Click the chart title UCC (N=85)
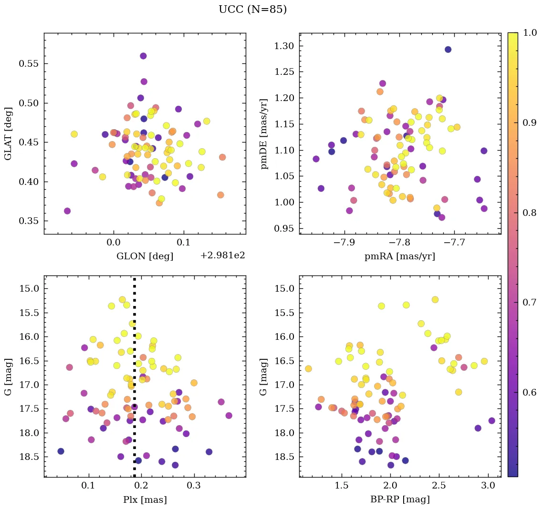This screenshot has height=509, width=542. tap(252, 10)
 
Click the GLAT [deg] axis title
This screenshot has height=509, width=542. tap(8, 133)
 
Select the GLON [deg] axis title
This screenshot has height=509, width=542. tap(145, 256)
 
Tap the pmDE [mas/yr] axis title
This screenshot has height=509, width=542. tap(263, 133)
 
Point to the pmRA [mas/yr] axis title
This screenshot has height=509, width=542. tap(400, 256)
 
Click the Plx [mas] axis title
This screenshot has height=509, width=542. tap(145, 499)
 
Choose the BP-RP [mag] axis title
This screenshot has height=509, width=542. tap(400, 499)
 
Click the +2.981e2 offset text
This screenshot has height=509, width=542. tap(223, 255)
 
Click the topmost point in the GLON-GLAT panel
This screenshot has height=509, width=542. tap(143, 56)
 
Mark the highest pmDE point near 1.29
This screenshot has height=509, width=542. tap(448, 50)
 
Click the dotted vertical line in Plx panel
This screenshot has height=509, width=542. tap(134, 381)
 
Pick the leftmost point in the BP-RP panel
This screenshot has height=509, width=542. tap(308, 369)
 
